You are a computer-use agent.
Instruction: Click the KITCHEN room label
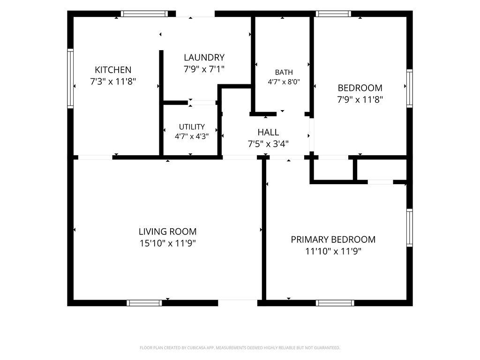click(x=113, y=70)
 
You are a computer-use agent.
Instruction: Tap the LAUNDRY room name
click(x=204, y=58)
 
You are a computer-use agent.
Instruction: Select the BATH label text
click(x=284, y=72)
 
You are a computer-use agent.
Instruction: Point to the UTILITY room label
click(x=192, y=127)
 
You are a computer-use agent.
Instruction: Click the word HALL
click(x=268, y=132)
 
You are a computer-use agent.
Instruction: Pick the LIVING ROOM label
click(x=167, y=232)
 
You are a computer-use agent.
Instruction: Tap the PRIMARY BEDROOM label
click(x=333, y=240)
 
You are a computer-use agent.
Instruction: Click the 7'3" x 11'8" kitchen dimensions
click(x=113, y=82)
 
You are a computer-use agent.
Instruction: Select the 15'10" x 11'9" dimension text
click(x=168, y=243)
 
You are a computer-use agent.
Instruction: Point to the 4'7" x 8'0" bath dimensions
click(x=284, y=82)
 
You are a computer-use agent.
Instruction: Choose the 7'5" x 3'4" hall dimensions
click(x=268, y=144)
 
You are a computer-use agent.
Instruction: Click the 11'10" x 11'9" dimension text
click(x=333, y=251)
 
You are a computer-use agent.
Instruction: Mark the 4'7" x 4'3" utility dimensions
click(x=192, y=136)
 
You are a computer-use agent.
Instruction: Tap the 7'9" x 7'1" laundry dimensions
click(x=204, y=69)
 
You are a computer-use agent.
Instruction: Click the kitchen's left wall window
click(x=70, y=78)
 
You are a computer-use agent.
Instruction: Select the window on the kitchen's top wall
click(x=144, y=14)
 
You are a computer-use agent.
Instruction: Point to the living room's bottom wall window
click(x=144, y=303)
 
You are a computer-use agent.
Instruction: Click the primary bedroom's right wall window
click(x=410, y=227)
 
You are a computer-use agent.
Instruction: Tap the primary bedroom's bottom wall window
click(x=335, y=303)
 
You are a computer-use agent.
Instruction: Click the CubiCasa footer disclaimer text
click(x=240, y=348)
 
